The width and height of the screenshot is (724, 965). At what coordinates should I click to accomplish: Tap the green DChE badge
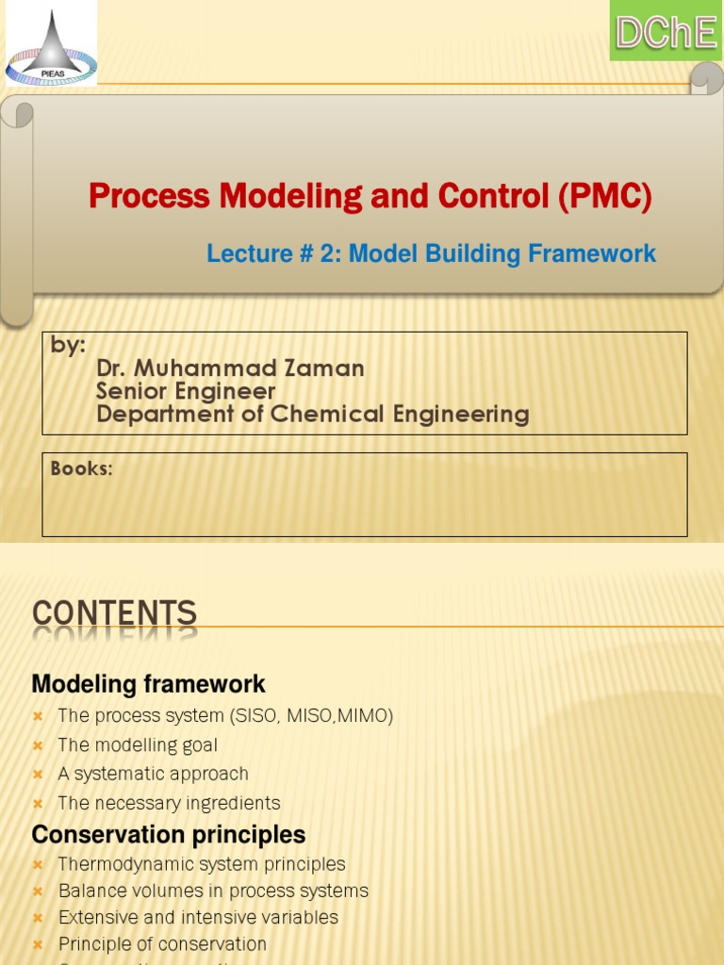[x=666, y=31]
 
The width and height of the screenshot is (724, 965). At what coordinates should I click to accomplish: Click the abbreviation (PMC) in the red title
[x=603, y=197]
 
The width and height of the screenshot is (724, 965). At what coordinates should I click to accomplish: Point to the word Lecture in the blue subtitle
[x=244, y=254]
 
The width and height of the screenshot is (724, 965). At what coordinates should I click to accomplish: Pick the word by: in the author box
[x=68, y=345]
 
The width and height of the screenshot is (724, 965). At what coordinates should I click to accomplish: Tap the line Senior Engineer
[x=186, y=391]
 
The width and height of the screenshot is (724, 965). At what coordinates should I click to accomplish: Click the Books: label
[x=81, y=468]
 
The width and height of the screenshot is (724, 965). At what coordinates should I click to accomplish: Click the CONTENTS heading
[x=114, y=614]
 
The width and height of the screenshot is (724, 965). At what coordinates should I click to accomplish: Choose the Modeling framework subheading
[x=148, y=683]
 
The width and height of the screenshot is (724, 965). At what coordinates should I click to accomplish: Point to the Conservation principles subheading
[x=168, y=835]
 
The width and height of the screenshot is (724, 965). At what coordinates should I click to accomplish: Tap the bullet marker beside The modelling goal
[x=38, y=745]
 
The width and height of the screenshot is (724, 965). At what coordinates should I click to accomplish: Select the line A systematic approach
[x=153, y=774]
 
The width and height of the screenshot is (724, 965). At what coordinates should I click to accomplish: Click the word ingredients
[x=235, y=803]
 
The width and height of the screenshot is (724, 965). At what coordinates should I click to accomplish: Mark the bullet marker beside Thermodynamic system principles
[x=38, y=864]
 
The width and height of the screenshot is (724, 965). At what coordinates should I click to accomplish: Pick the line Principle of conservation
[x=162, y=943]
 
